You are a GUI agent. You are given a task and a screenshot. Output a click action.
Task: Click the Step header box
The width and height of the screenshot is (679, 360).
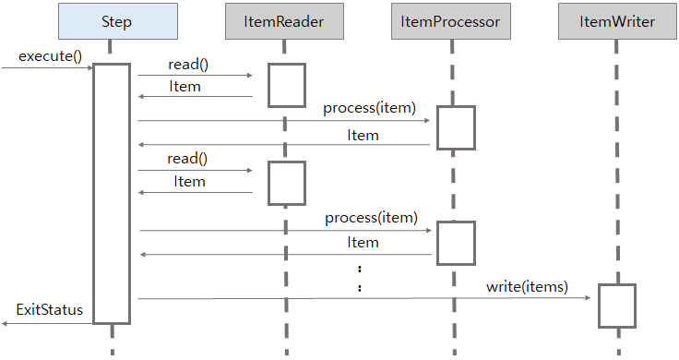111,21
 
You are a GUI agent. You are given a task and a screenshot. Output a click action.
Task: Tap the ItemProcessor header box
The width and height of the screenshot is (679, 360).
451,21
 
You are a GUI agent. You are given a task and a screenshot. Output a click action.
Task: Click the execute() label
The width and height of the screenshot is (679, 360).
50,56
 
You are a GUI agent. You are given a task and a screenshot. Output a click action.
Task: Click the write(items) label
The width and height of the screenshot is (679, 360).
527,287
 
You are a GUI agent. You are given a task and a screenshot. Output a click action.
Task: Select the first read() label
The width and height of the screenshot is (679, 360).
188,65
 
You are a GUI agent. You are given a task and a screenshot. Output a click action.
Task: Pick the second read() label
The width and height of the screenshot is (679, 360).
187,159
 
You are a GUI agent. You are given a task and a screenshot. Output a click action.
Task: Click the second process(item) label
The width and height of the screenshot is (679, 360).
372,219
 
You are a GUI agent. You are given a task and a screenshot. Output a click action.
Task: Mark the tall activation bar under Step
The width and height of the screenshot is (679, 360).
111,193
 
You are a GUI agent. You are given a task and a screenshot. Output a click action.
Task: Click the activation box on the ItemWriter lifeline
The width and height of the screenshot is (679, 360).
616,306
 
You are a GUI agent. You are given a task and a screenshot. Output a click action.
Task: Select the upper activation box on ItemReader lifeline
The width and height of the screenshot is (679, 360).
286,85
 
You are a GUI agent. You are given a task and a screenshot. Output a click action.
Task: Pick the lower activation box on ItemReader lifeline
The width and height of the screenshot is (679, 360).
286,183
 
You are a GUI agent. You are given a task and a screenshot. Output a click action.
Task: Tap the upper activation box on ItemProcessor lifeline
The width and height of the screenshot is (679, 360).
456,127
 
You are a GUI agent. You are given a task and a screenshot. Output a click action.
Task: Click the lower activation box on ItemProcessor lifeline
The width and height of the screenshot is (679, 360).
456,243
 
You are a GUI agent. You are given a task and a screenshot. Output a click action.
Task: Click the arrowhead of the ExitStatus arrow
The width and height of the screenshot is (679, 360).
6,322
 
